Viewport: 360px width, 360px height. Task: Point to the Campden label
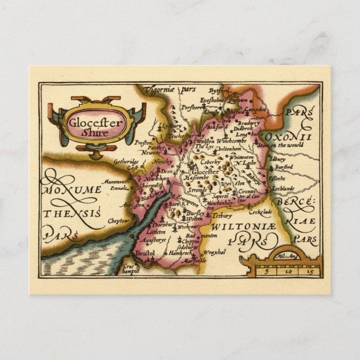[x=256, y=110]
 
